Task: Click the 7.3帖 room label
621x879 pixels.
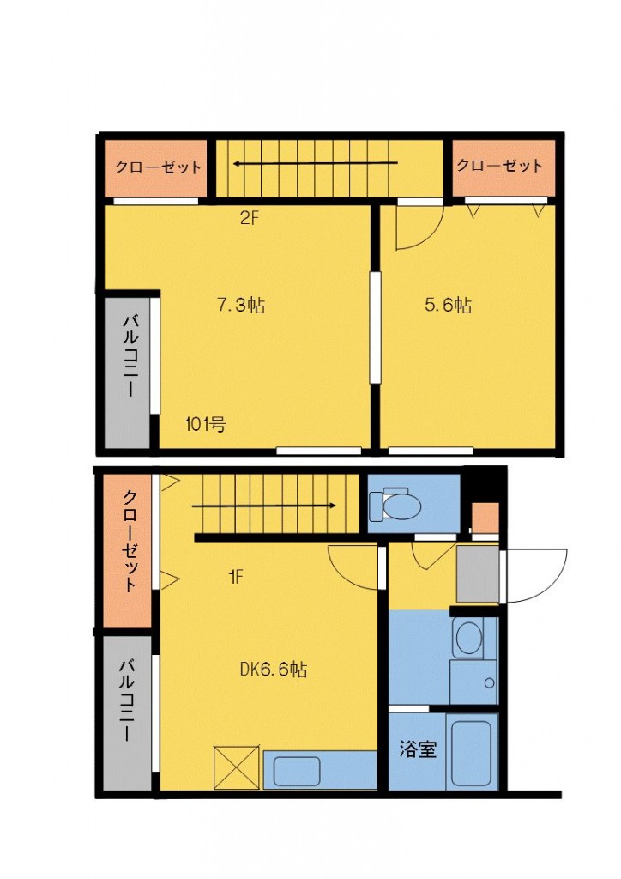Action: click(x=241, y=305)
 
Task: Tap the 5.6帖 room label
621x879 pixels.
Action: click(x=448, y=305)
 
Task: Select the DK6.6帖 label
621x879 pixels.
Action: click(x=274, y=669)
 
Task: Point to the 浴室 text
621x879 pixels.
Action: click(x=418, y=749)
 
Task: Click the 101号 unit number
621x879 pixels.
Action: click(x=205, y=424)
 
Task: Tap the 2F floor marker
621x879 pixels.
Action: click(x=250, y=217)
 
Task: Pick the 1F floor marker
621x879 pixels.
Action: click(x=236, y=576)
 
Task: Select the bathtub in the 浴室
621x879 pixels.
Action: click(x=472, y=752)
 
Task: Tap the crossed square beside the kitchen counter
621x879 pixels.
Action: click(x=236, y=767)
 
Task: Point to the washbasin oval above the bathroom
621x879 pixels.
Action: click(x=469, y=638)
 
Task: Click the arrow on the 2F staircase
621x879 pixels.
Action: click(x=316, y=164)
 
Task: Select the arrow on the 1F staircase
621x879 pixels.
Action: click(x=263, y=506)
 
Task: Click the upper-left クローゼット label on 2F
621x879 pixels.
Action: click(x=158, y=167)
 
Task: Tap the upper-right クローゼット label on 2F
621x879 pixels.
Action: click(x=499, y=165)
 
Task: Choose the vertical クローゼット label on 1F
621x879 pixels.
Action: click(x=130, y=542)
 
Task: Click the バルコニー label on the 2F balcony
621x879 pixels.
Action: click(x=131, y=356)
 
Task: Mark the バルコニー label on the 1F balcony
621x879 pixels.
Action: click(x=127, y=700)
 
